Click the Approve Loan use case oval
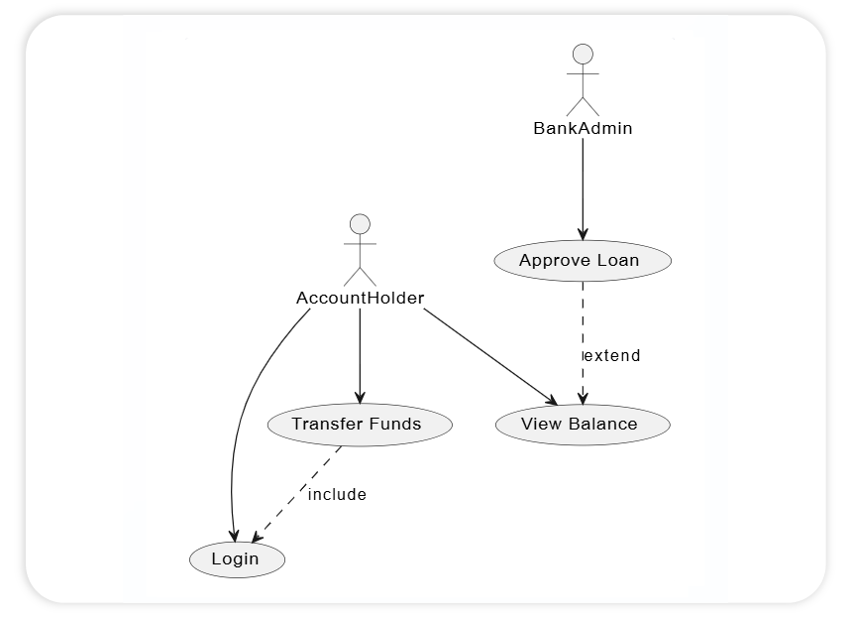tap(582, 261)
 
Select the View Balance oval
tap(582, 425)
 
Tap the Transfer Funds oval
tap(360, 425)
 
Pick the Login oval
tap(237, 559)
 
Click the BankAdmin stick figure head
tap(583, 54)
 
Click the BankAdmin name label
tap(583, 128)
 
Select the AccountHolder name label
tap(360, 298)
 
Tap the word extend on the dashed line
tap(611, 355)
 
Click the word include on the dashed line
tap(337, 494)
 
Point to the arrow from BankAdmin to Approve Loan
tap(583, 188)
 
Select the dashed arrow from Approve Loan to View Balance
tap(583, 327)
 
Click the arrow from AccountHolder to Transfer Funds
tap(360, 357)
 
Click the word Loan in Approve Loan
tap(618, 261)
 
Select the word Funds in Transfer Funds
tap(394, 425)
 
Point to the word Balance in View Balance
tap(602, 425)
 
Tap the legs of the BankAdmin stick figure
tap(583, 105)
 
